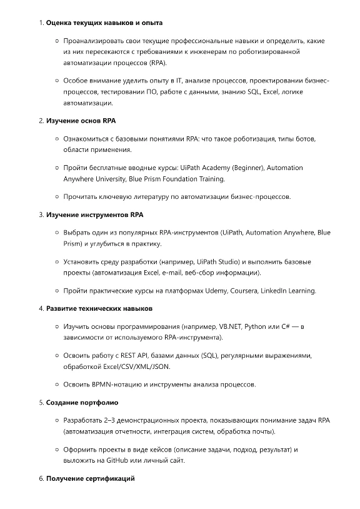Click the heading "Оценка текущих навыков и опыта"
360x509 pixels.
(x=100, y=23)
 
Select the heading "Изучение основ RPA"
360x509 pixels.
(x=81, y=121)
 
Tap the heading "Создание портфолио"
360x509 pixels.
(x=82, y=402)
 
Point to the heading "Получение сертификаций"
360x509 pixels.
(x=91, y=479)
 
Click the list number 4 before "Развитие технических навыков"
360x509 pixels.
(x=41, y=308)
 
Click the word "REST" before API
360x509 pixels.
(x=136, y=355)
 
